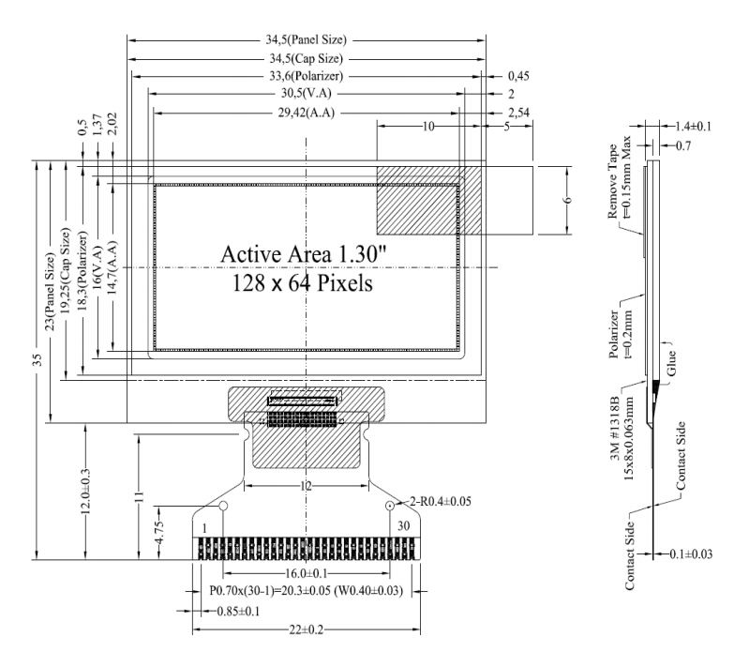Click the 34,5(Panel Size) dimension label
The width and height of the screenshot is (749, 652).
point(306,40)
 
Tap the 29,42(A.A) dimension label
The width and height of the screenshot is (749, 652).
point(306,112)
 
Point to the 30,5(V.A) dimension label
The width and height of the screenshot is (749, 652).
point(306,94)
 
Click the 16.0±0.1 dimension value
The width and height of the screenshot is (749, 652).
point(303,571)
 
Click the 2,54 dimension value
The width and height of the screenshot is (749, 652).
point(519,112)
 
